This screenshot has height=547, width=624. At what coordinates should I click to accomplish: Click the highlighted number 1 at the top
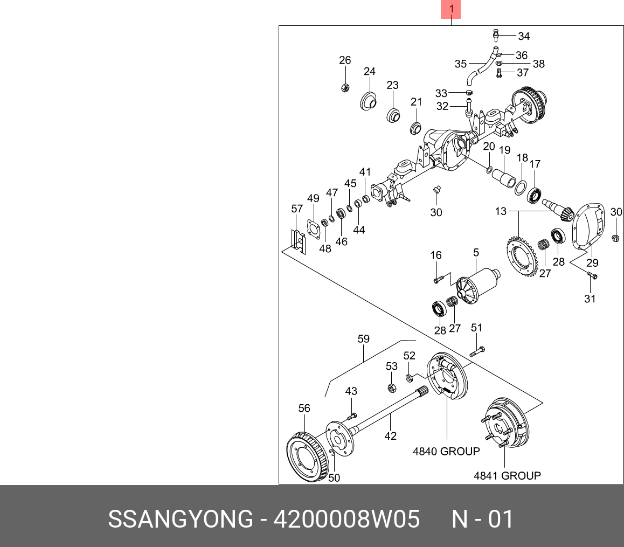coord(452,9)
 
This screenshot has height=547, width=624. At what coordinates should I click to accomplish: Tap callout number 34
coord(524,36)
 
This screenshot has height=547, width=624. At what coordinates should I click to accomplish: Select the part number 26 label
coord(345,60)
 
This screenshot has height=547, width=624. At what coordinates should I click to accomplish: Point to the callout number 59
coord(364,339)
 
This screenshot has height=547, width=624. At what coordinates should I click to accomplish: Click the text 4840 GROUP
coord(446,451)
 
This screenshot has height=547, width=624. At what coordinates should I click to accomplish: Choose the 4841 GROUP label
coord(507,475)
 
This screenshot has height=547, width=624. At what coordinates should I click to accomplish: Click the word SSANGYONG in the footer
coord(180,520)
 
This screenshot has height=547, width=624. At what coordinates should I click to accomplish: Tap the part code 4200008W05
coord(346,520)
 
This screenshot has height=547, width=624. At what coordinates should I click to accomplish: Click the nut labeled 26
coord(345,88)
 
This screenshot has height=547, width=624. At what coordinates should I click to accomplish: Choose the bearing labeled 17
coord(535,196)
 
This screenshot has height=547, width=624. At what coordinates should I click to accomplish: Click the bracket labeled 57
coord(297,240)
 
